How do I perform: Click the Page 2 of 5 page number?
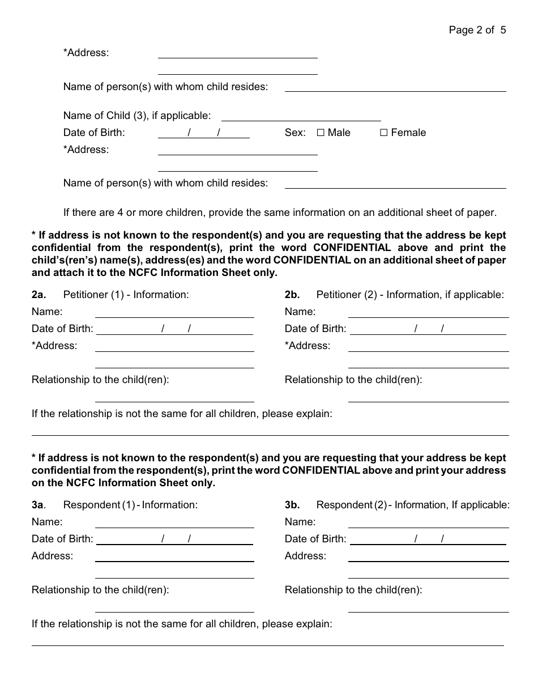point(477,30)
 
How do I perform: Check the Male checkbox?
point(321,133)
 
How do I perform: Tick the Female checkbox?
point(383,133)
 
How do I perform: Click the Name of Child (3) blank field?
point(301,116)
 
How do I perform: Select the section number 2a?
point(39,295)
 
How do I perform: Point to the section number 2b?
point(292,295)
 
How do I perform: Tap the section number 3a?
point(39,505)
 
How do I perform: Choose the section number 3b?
point(292,505)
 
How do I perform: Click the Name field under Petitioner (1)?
point(174,312)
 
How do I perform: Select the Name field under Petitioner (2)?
point(428,312)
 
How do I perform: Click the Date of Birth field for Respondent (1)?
point(174,539)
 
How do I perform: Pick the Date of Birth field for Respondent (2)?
point(428,539)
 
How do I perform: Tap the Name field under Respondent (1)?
point(174,522)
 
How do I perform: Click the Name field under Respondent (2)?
point(428,522)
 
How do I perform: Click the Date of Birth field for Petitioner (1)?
point(174,329)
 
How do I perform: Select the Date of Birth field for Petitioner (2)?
point(428,329)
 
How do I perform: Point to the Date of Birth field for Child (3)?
point(203,133)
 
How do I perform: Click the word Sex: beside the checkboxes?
point(295,133)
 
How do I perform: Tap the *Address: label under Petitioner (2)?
point(307,346)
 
